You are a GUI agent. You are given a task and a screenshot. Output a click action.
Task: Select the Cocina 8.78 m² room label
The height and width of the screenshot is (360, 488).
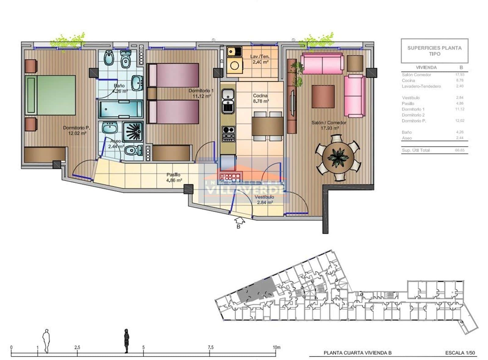(x=260, y=98)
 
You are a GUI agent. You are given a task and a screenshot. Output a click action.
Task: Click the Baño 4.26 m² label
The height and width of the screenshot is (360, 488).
(x=119, y=88)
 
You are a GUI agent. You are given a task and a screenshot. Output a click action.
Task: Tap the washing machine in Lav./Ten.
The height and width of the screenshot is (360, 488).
(x=235, y=66)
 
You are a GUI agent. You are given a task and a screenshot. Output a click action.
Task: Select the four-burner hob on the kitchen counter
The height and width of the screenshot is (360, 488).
(x=228, y=134)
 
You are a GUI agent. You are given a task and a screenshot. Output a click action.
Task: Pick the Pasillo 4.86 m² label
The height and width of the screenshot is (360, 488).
(x=174, y=177)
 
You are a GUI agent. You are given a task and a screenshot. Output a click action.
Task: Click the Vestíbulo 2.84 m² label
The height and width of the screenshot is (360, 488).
(x=264, y=200)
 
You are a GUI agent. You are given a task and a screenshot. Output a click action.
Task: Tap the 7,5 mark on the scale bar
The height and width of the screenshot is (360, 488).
(x=210, y=347)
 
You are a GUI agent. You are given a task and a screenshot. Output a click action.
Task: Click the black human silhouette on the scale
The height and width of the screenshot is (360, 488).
(x=126, y=341)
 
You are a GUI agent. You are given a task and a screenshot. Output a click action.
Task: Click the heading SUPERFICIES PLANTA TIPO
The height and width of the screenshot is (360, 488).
(x=434, y=51)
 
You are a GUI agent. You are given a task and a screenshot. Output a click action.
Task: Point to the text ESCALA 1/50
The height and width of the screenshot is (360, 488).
(x=460, y=353)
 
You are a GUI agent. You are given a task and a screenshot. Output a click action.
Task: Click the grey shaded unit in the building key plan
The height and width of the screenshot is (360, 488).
(x=256, y=290)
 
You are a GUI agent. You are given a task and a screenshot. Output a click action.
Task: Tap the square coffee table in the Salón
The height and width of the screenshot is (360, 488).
(x=323, y=97)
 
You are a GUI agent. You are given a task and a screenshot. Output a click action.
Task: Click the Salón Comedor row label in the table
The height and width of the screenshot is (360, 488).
(x=416, y=75)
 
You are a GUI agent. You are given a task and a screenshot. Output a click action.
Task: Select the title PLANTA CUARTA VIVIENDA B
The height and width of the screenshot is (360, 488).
(x=357, y=353)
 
